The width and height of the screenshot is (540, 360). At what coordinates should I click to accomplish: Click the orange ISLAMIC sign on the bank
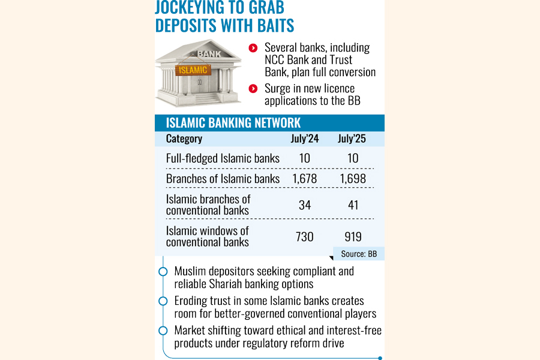tap(193, 70)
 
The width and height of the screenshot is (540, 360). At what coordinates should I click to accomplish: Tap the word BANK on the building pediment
tap(209, 54)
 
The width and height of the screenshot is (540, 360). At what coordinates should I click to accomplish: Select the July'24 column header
tap(305, 139)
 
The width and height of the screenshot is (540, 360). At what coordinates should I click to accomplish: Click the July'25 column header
tap(352, 139)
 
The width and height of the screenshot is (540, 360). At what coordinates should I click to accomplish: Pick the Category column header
tap(184, 139)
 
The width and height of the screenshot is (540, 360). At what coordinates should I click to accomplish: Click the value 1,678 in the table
tap(305, 178)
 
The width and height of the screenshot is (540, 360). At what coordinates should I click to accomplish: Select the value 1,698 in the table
tap(353, 178)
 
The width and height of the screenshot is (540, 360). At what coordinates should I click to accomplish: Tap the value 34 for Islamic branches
tap(305, 205)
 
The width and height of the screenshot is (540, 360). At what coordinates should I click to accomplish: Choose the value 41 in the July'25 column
tap(353, 205)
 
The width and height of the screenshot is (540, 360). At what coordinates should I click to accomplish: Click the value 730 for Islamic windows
tap(305, 237)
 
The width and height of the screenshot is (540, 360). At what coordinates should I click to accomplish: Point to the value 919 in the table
tap(353, 237)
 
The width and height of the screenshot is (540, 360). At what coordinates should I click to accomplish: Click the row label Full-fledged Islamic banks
tap(223, 158)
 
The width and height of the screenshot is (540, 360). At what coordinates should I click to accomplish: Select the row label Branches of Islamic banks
tap(223, 178)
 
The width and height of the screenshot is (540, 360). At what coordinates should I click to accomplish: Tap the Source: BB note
tap(359, 254)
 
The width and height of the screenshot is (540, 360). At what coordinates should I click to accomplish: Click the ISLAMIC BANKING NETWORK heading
tap(233, 123)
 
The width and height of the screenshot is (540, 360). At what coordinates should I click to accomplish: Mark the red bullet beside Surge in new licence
tap(253, 89)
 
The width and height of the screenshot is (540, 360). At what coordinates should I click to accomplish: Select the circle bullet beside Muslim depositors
tap(163, 271)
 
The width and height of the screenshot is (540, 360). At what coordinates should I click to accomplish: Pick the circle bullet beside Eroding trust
tap(163, 301)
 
